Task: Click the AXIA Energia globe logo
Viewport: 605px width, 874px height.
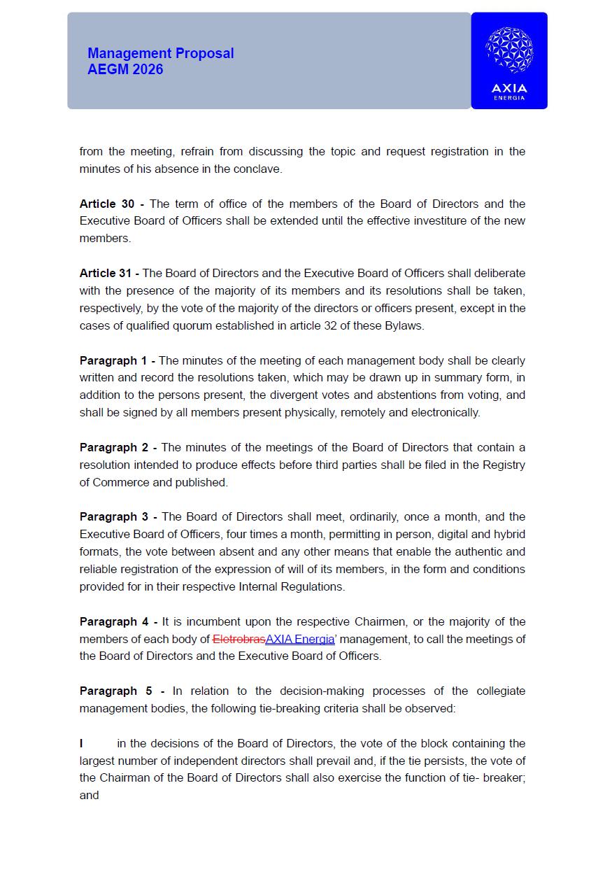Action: tap(509, 50)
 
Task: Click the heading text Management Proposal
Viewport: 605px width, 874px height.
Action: tap(161, 54)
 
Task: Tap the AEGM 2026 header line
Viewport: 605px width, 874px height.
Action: tap(125, 69)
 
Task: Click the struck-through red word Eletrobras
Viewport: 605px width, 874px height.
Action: tap(239, 639)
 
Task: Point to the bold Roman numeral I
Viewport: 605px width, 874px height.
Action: tap(81, 743)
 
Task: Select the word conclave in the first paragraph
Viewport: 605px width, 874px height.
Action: tap(259, 169)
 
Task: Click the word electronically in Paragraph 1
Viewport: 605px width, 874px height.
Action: tap(444, 412)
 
